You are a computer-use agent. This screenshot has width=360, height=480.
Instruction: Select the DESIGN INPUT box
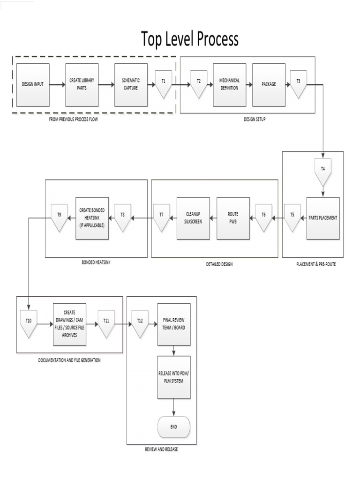point(33,85)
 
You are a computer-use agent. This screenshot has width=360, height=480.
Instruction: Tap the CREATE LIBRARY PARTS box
point(82,85)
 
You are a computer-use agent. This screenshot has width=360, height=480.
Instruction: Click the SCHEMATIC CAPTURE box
point(131,85)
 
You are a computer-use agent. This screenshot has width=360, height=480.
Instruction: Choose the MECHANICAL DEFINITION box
point(229,85)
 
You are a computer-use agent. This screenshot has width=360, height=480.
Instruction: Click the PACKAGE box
point(269,85)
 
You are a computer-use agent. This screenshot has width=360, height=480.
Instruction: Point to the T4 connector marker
point(322,171)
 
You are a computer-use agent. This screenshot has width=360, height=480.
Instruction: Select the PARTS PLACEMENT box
point(323,218)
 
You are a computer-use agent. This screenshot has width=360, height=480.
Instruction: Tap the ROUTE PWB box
point(233,218)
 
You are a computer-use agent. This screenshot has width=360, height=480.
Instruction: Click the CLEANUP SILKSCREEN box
point(193,218)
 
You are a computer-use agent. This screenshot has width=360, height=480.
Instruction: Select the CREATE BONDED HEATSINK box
point(92,218)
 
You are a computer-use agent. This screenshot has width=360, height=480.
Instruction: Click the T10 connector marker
point(29,323)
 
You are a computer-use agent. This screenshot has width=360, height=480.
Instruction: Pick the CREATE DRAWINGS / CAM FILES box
point(69,324)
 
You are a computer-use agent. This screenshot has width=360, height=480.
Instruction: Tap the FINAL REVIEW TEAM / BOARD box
point(174,324)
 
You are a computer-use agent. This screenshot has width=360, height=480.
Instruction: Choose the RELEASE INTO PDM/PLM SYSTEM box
point(174,377)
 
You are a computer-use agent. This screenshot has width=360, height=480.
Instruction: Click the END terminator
point(174,427)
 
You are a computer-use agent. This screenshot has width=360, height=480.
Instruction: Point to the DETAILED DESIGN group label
point(219,264)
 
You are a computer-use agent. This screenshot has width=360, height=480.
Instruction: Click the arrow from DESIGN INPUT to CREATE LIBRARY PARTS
point(57,85)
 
